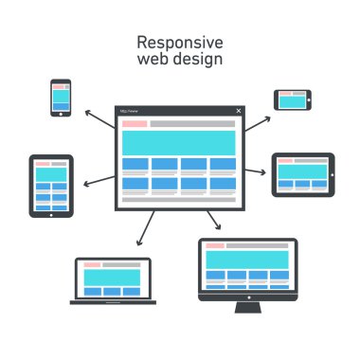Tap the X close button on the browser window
[x=239, y=111]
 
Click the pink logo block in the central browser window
[x=134, y=124]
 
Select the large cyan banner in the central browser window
[x=179, y=143]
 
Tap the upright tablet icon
[x=51, y=186]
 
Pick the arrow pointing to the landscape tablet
[x=256, y=171]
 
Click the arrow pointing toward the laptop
[x=146, y=227]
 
